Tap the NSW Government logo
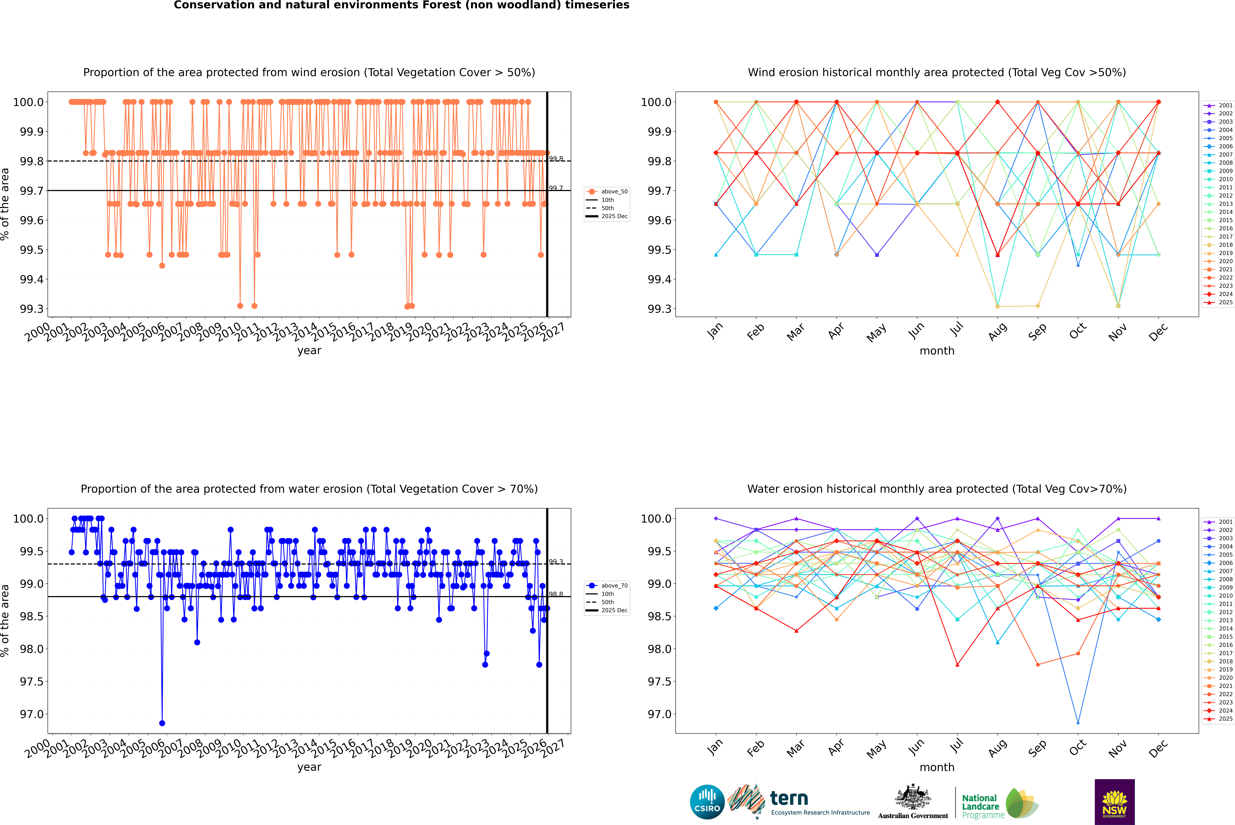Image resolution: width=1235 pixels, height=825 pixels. (1114, 802)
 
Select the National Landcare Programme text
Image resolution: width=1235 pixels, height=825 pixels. (980, 806)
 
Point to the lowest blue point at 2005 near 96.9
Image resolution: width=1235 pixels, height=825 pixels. (162, 723)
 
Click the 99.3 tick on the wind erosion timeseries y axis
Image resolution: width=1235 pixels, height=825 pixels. (32, 309)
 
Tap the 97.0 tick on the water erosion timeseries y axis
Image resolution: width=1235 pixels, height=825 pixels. (32, 714)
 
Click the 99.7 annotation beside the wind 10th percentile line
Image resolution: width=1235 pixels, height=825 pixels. (556, 188)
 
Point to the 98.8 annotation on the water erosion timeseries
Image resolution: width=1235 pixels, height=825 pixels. (556, 594)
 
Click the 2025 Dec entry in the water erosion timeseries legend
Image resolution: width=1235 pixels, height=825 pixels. (614, 610)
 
